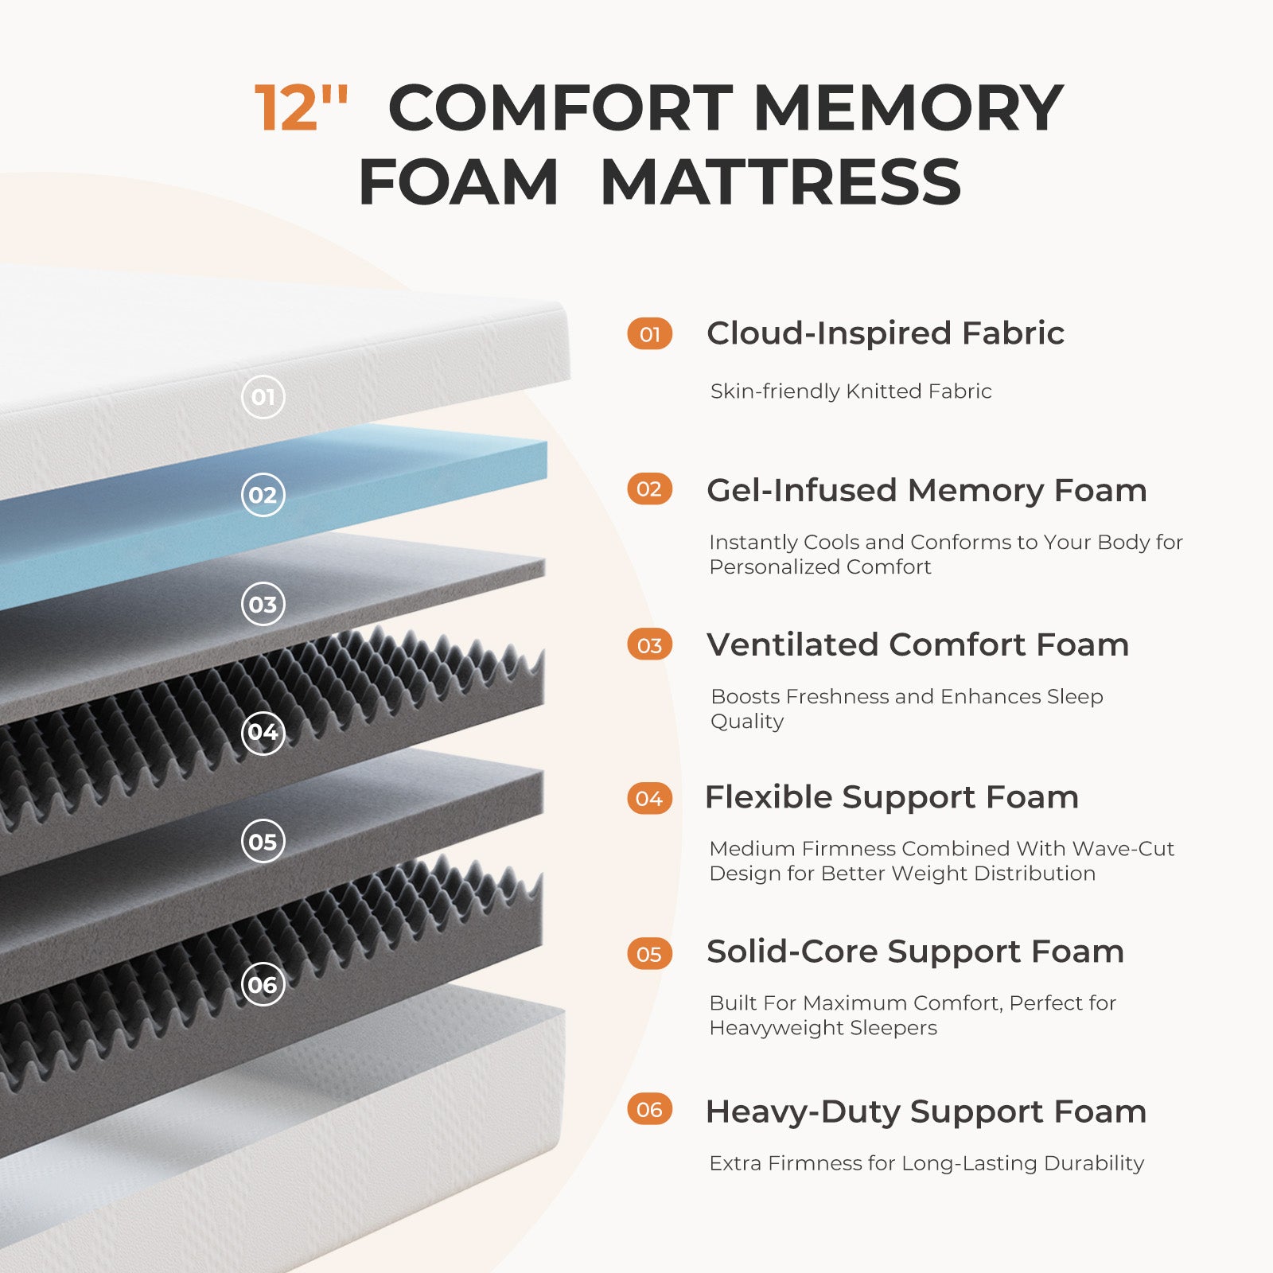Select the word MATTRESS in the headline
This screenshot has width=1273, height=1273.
pyautogui.click(x=781, y=182)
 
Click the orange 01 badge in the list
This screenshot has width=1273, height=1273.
pyautogui.click(x=650, y=334)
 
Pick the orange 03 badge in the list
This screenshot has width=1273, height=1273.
pyautogui.click(x=650, y=645)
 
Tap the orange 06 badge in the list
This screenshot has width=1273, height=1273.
pyautogui.click(x=650, y=1109)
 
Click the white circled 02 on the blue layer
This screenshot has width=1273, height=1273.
pyautogui.click(x=263, y=495)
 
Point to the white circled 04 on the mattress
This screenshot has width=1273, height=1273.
pyautogui.click(x=263, y=732)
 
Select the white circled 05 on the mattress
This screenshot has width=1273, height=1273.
pyautogui.click(x=263, y=842)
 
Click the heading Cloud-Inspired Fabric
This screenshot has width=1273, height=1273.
pyautogui.click(x=886, y=333)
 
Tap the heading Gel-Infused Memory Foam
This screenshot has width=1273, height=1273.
pyautogui.click(x=927, y=490)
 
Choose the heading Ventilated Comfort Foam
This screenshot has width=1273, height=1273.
pyautogui.click(x=918, y=644)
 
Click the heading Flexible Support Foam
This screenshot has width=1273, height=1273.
pyautogui.click(x=892, y=797)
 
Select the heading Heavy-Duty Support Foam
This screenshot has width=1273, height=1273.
pyautogui.click(x=926, y=1111)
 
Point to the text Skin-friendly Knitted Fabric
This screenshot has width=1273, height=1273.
pyautogui.click(x=851, y=391)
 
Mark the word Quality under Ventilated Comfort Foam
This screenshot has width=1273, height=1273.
pyautogui.click(x=747, y=722)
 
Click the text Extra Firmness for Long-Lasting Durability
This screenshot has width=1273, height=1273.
pyautogui.click(x=927, y=1163)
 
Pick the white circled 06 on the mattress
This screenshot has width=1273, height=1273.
pyautogui.click(x=263, y=985)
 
